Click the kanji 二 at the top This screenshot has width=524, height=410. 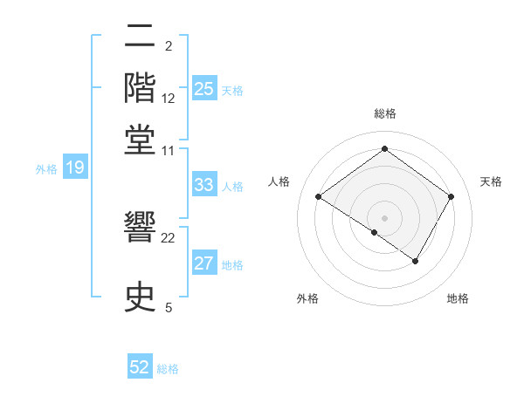click(141, 38)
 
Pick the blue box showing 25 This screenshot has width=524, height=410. click(204, 89)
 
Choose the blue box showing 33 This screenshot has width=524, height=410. click(204, 185)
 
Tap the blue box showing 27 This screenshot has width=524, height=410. click(204, 264)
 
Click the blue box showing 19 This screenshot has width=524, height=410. click(75, 168)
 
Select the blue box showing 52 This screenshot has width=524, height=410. click(140, 367)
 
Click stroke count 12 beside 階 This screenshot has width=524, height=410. click(169, 98)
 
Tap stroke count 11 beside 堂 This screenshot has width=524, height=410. click(169, 150)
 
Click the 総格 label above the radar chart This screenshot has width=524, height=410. click(384, 113)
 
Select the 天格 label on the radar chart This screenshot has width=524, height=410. click(491, 181)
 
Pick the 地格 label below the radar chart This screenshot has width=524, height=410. click(458, 299)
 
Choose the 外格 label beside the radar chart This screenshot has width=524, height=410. click(307, 299)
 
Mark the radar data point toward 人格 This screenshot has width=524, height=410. click(319, 197)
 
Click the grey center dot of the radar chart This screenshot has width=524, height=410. click(384, 216)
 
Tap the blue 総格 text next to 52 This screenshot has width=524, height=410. click(168, 369)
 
